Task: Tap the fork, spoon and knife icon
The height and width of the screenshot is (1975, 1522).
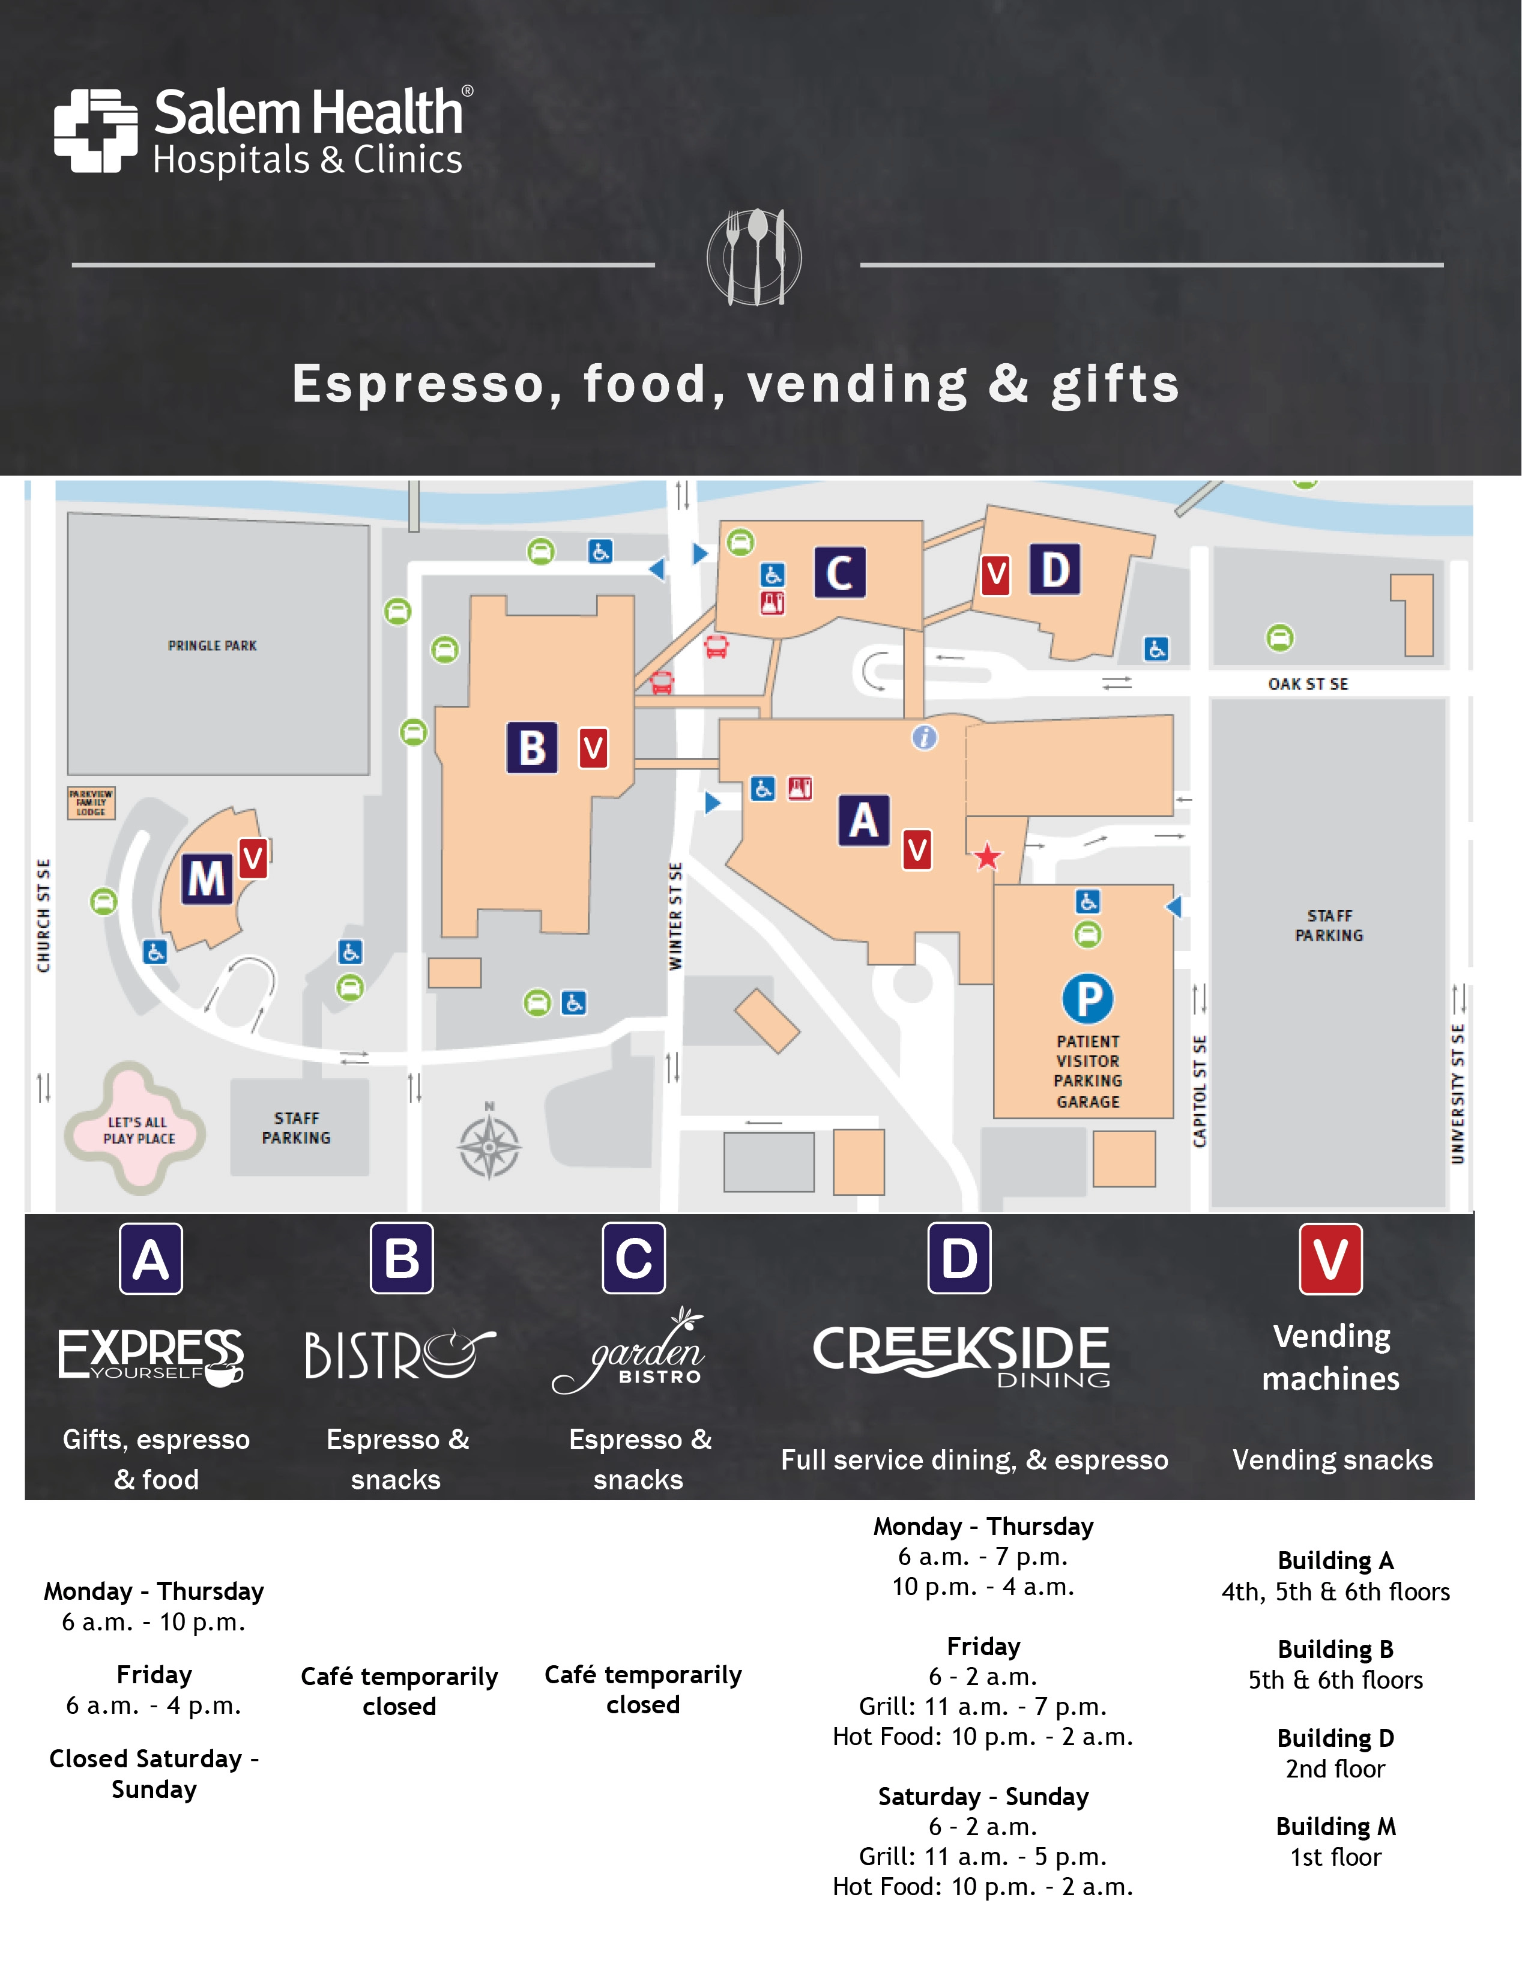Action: tap(754, 257)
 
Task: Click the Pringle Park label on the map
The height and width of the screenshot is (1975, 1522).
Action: tap(213, 646)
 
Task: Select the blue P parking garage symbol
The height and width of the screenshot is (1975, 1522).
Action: tap(1088, 998)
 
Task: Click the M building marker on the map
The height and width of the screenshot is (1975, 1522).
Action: tap(207, 878)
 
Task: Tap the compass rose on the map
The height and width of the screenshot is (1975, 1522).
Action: tap(489, 1147)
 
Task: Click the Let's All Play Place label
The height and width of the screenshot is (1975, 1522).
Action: tap(138, 1130)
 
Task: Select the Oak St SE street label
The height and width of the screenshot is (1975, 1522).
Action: tap(1308, 684)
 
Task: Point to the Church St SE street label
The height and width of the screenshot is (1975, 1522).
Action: tap(43, 915)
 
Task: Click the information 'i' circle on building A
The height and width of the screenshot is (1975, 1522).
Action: tap(924, 738)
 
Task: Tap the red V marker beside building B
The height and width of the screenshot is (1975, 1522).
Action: tap(593, 748)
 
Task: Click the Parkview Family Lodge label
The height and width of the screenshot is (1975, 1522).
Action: tap(91, 802)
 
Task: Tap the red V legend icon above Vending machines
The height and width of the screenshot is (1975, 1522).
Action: tap(1330, 1259)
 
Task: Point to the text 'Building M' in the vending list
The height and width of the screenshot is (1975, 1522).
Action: tap(1336, 1827)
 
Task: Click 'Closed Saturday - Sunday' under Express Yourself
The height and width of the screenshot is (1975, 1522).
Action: tap(154, 1773)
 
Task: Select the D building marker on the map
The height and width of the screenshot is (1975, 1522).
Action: tap(1054, 570)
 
